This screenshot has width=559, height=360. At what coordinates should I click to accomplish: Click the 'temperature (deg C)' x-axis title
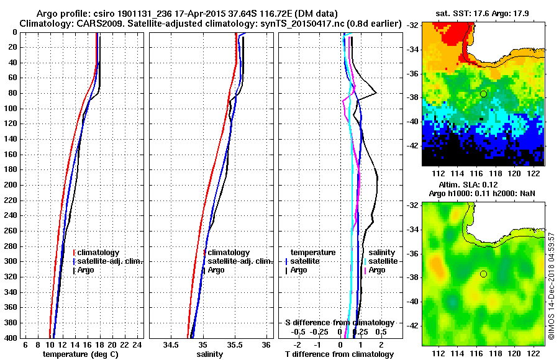[80, 354]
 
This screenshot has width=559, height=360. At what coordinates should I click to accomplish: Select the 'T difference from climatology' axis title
[339, 354]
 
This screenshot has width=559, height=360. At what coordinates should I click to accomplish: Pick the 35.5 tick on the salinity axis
[235, 344]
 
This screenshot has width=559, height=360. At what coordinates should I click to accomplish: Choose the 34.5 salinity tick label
[171, 344]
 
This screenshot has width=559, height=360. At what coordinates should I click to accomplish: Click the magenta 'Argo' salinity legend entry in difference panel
[376, 270]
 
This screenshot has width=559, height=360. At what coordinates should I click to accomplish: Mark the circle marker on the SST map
[483, 94]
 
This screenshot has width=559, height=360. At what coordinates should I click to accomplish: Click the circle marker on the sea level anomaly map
[483, 274]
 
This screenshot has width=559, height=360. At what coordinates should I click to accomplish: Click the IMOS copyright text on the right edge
[551, 286]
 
